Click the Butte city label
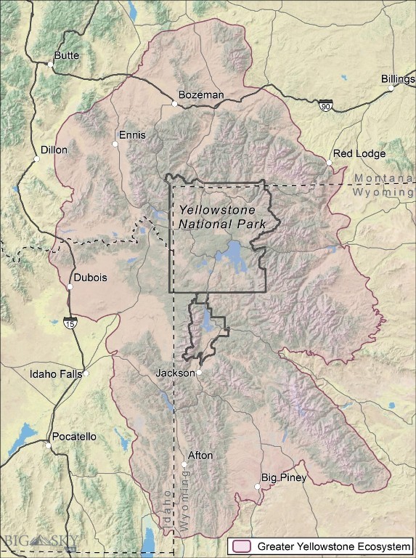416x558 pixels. pyautogui.click(x=68, y=55)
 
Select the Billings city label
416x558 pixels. pyautogui.click(x=398, y=78)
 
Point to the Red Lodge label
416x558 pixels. pyautogui.click(x=359, y=153)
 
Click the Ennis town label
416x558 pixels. pyautogui.click(x=132, y=135)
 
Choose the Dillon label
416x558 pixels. pyautogui.click(x=54, y=150)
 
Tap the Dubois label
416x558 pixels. pyautogui.click(x=91, y=278)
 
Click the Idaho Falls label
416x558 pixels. pyautogui.click(x=55, y=375)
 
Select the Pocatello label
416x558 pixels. pyautogui.click(x=73, y=437)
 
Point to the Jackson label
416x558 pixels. pyautogui.click(x=175, y=373)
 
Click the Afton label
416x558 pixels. pyautogui.click(x=200, y=456)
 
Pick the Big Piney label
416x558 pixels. pyautogui.click(x=284, y=477)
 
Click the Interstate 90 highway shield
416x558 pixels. pyautogui.click(x=327, y=106)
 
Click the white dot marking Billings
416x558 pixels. pyautogui.click(x=391, y=88)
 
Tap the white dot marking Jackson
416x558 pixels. pyautogui.click(x=199, y=373)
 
